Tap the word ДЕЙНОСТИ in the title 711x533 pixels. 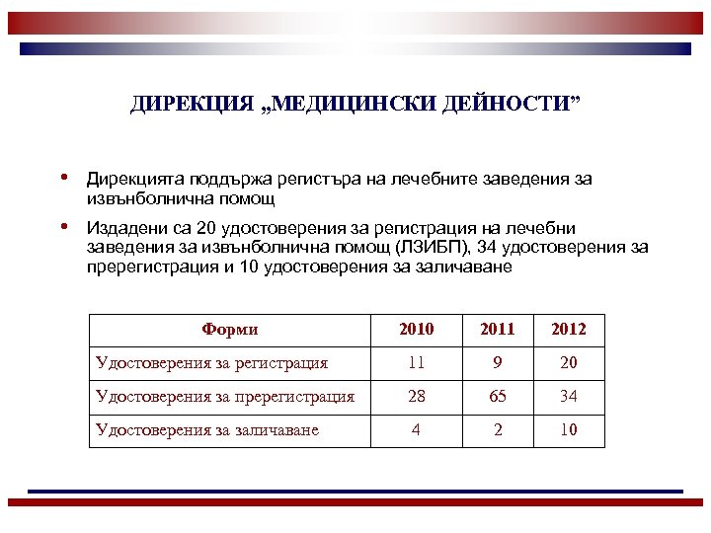click(x=515, y=105)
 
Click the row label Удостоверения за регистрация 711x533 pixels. click(x=211, y=363)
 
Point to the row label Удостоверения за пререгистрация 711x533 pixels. click(x=225, y=397)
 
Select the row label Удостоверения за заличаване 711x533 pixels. click(x=207, y=430)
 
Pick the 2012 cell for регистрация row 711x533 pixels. click(x=568, y=363)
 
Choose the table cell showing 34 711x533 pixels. click(x=568, y=397)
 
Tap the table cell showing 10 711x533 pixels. click(x=568, y=430)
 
